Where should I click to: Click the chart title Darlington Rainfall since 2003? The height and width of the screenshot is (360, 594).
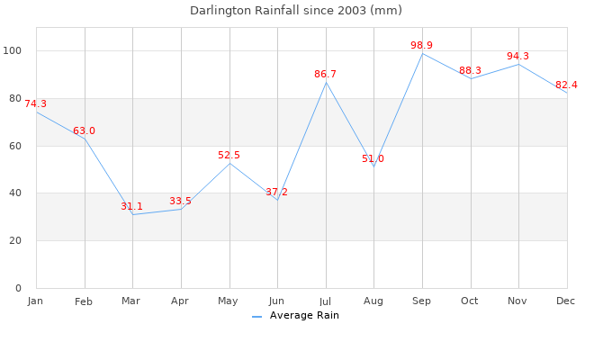click(296, 11)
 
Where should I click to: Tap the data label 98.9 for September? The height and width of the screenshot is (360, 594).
click(422, 45)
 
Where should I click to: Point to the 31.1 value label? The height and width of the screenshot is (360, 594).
click(132, 207)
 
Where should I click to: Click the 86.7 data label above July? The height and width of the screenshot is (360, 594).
click(326, 74)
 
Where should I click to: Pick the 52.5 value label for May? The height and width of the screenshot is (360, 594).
click(229, 156)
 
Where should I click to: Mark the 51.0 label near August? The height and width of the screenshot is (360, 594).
click(373, 159)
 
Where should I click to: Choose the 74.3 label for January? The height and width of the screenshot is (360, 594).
click(35, 104)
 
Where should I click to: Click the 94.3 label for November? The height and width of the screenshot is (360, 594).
click(518, 57)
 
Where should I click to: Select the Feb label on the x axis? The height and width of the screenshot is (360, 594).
click(84, 301)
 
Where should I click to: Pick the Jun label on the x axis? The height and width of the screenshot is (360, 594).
click(276, 301)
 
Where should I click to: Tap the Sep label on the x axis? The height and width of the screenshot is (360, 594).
click(421, 301)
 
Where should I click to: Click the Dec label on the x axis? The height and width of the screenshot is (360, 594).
click(566, 300)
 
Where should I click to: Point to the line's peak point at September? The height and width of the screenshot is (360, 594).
click(422, 54)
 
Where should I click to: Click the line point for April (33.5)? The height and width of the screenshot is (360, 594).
click(181, 209)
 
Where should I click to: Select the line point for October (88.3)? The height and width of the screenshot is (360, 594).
click(470, 78)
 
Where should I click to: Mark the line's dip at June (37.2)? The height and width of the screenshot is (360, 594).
click(277, 200)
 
